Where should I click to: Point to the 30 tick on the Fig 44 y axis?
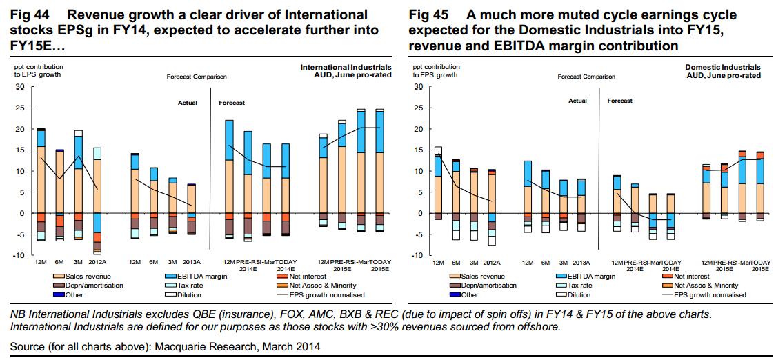pos(20,87)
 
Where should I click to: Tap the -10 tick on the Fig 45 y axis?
pos(416,255)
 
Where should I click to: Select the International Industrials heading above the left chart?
pos(345,67)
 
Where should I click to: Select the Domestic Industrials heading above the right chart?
pos(723,67)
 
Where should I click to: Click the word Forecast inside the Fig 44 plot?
pos(232,103)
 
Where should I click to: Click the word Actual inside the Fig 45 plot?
pos(577,101)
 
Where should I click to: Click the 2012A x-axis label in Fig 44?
pos(97,263)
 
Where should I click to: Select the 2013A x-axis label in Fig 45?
pos(581,263)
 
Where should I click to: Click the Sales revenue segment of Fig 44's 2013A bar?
pos(191,199)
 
